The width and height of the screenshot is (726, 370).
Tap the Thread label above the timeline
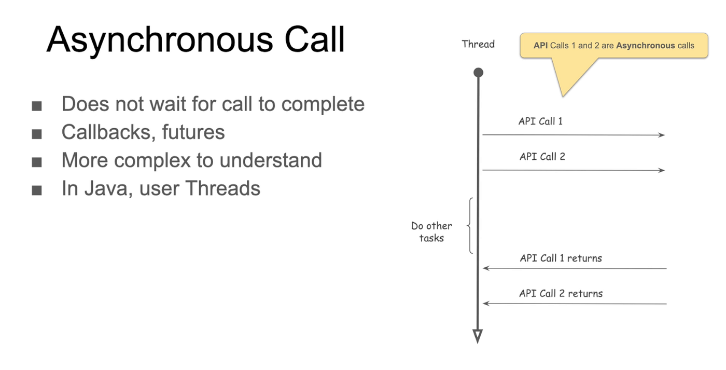[x=478, y=44]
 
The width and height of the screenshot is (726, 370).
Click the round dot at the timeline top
[x=478, y=73]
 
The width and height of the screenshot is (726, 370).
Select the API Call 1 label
[x=540, y=121]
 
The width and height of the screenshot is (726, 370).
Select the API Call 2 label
[x=542, y=157]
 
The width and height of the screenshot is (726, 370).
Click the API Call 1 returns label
[x=561, y=258]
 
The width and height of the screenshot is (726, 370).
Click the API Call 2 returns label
[x=561, y=294]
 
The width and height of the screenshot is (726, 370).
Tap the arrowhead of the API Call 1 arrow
[x=662, y=135]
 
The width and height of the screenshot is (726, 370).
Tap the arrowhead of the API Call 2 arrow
[x=662, y=170]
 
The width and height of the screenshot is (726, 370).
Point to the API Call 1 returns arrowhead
[x=486, y=268]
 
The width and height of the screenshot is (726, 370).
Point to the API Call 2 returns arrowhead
[x=486, y=304]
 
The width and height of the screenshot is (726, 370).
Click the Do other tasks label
[x=431, y=232]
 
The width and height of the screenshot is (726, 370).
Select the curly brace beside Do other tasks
[x=470, y=226]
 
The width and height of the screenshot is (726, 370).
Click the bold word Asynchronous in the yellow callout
[x=646, y=46]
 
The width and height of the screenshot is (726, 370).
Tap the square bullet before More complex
[x=36, y=162]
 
